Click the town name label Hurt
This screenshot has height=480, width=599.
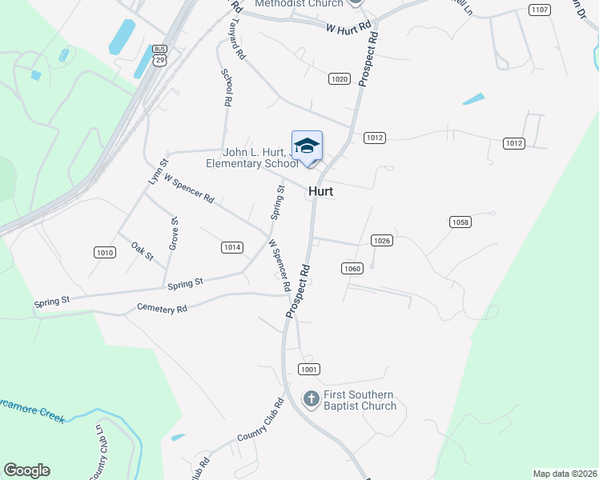320,192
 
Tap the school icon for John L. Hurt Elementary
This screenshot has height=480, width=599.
307,146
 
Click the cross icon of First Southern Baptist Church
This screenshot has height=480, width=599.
312,398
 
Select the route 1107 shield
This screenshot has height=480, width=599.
540,10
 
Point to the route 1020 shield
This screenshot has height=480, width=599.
340,78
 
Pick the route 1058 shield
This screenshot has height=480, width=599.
460,222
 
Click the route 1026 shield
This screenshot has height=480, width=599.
381,240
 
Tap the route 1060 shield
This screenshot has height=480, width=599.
352,268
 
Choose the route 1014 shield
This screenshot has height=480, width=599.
231,247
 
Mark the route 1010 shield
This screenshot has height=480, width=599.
104,252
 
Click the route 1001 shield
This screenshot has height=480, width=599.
309,369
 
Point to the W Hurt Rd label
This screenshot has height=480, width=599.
349,26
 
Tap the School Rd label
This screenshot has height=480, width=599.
227,86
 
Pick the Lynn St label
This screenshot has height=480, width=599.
158,172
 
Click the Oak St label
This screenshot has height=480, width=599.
142,250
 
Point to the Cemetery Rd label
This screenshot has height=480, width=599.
162,308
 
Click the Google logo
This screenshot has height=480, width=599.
26,470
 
